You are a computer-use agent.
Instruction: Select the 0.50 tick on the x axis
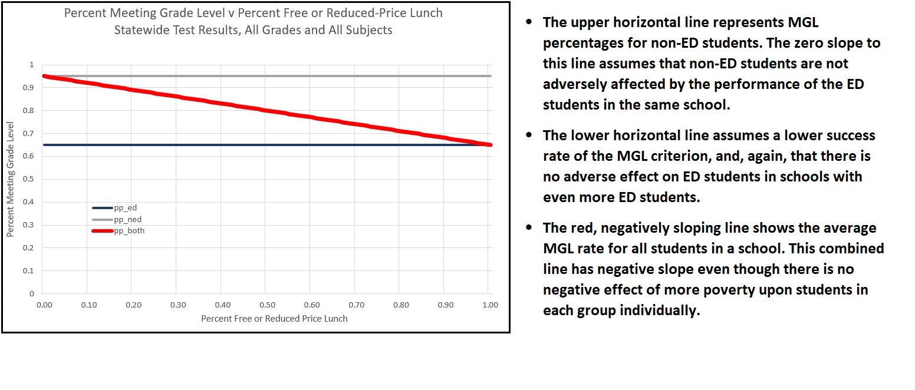pyautogui.click(x=267, y=305)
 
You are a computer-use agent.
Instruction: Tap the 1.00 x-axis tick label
pyautogui.click(x=489, y=305)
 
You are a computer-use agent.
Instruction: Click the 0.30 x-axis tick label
pyautogui.click(x=178, y=305)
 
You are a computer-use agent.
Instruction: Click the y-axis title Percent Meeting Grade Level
pyautogui.click(x=10, y=179)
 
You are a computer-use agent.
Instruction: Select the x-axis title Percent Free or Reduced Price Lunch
pyautogui.click(x=274, y=319)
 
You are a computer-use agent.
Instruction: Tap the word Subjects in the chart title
pyautogui.click(x=369, y=30)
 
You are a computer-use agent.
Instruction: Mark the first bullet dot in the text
pyautogui.click(x=529, y=22)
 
